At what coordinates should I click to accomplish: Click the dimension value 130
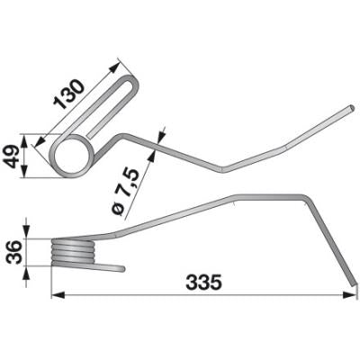point(69,94)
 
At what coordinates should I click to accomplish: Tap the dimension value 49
point(11,156)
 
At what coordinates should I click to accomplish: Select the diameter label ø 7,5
point(127,192)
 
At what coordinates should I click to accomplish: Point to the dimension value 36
point(13,252)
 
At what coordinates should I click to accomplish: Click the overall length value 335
point(203,283)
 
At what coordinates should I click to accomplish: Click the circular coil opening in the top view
point(72,155)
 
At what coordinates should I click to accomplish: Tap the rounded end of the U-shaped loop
point(132,80)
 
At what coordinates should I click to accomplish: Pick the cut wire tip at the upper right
point(352,108)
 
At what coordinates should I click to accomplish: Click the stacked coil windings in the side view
point(74,251)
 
